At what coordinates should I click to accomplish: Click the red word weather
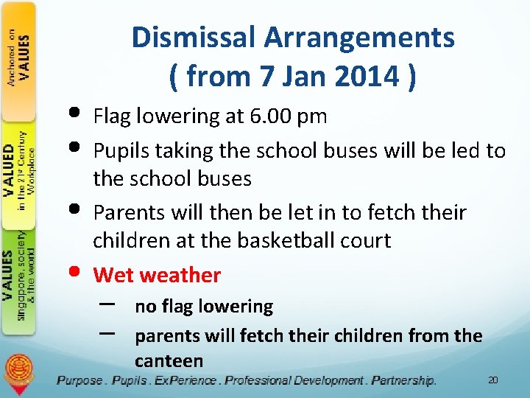[180, 275]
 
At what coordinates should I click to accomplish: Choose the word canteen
[169, 360]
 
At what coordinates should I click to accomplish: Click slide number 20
[493, 380]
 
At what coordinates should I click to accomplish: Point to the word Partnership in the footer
[403, 380]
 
